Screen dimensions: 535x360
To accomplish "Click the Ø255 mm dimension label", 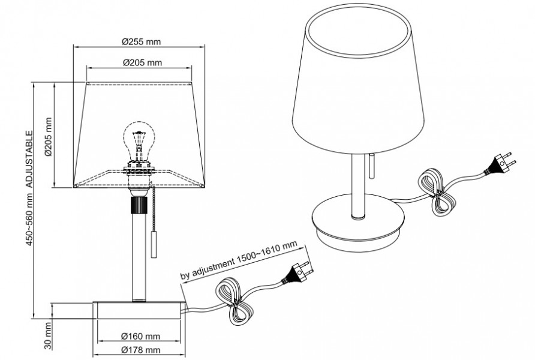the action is [x=141, y=41].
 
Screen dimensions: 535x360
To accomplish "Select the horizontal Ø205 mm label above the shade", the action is [x=142, y=63].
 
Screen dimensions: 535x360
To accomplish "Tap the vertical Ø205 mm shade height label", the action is [x=48, y=137].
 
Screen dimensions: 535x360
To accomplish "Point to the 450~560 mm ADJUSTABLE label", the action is [x=29, y=188].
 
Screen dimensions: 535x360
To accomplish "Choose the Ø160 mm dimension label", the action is [x=140, y=336].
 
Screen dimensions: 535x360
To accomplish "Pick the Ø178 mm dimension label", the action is [x=140, y=350].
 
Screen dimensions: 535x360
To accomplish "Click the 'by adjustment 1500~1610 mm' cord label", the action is [x=239, y=260].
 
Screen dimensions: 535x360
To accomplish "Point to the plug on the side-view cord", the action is [x=296, y=272].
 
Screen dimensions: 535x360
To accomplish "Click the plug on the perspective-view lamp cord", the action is [x=500, y=164].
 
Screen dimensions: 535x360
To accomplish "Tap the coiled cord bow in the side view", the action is [x=235, y=301].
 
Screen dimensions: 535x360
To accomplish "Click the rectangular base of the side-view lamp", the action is [x=139, y=310].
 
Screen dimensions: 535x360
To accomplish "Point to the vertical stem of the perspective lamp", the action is [x=358, y=186].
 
